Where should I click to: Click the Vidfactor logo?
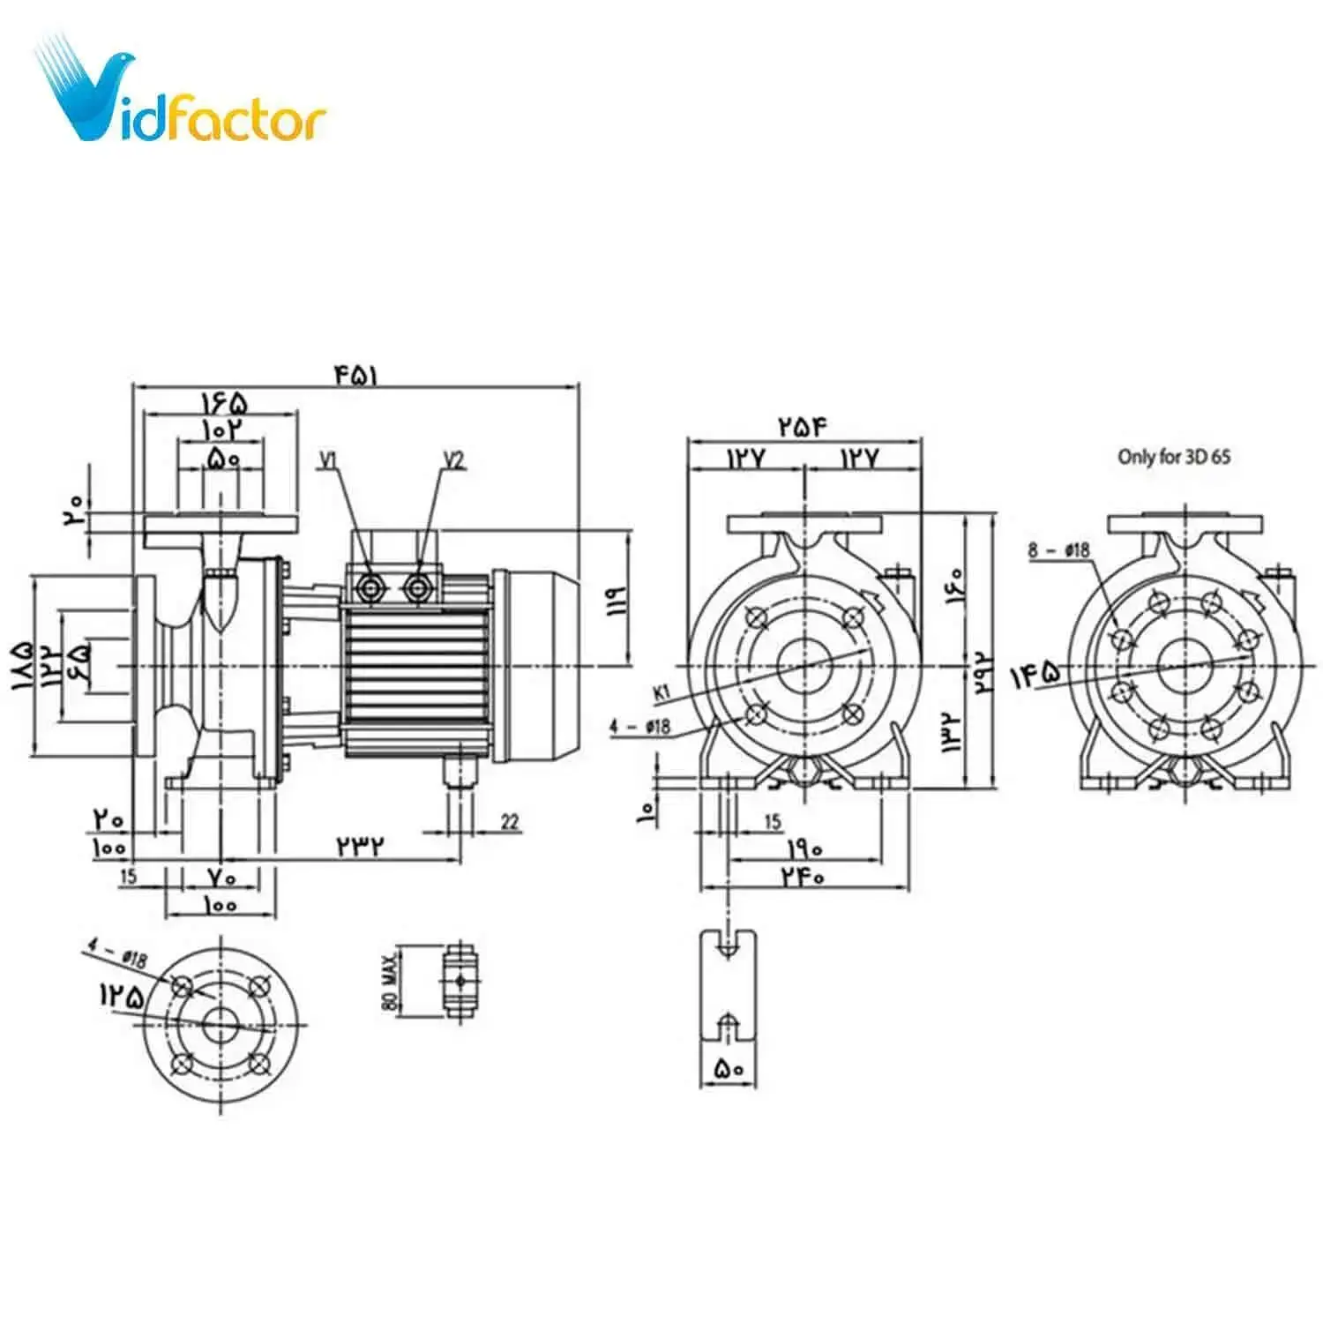pyautogui.click(x=181, y=97)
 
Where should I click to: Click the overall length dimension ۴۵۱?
pyautogui.click(x=355, y=375)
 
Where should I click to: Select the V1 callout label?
pyautogui.click(x=328, y=460)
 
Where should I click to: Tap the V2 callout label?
pyautogui.click(x=453, y=460)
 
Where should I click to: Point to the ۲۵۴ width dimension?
pyautogui.click(x=803, y=427)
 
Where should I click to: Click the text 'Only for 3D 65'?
pyautogui.click(x=1173, y=457)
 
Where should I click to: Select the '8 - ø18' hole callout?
pyautogui.click(x=1058, y=550)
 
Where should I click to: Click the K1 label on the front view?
pyautogui.click(x=662, y=693)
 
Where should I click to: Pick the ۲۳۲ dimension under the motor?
pyautogui.click(x=361, y=845)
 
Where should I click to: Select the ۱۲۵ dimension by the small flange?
pyautogui.click(x=121, y=996)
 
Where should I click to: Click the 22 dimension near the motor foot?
pyautogui.click(x=510, y=822)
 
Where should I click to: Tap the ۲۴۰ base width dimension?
pyautogui.click(x=802, y=877)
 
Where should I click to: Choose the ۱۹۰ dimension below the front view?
pyautogui.click(x=804, y=848)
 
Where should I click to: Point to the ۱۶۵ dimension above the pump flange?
pyautogui.click(x=224, y=403)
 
